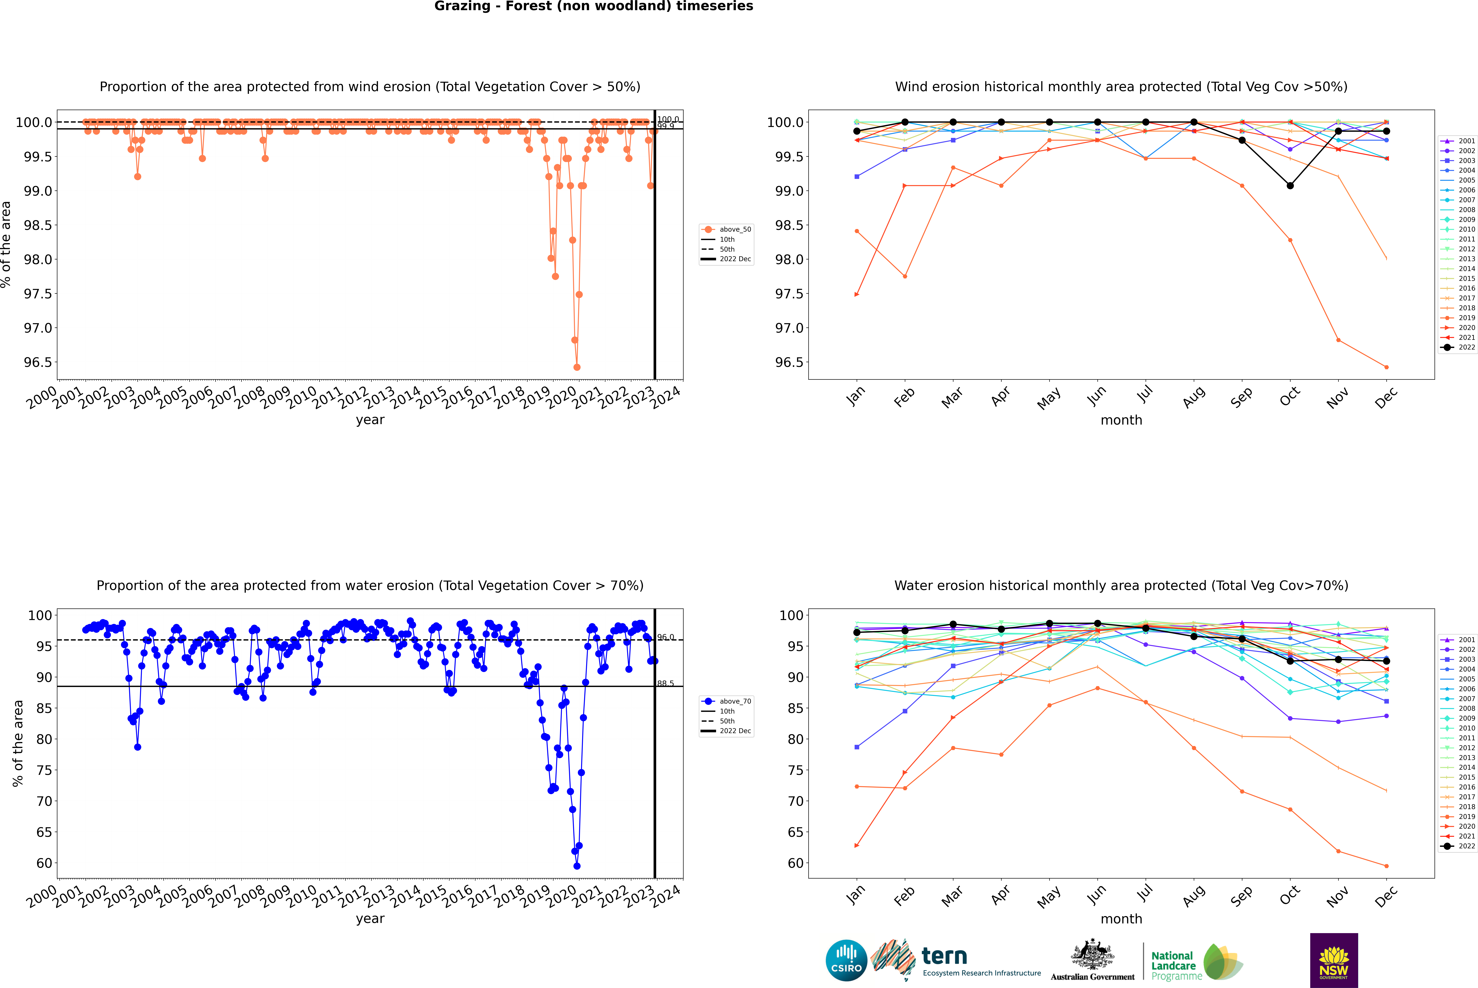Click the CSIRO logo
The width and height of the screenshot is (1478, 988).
point(846,960)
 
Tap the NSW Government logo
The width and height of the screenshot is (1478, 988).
point(1334,960)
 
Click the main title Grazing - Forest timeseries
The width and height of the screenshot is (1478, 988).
point(594,6)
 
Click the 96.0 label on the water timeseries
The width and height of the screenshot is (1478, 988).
point(665,637)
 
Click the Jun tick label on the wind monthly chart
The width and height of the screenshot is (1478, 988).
point(1096,396)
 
